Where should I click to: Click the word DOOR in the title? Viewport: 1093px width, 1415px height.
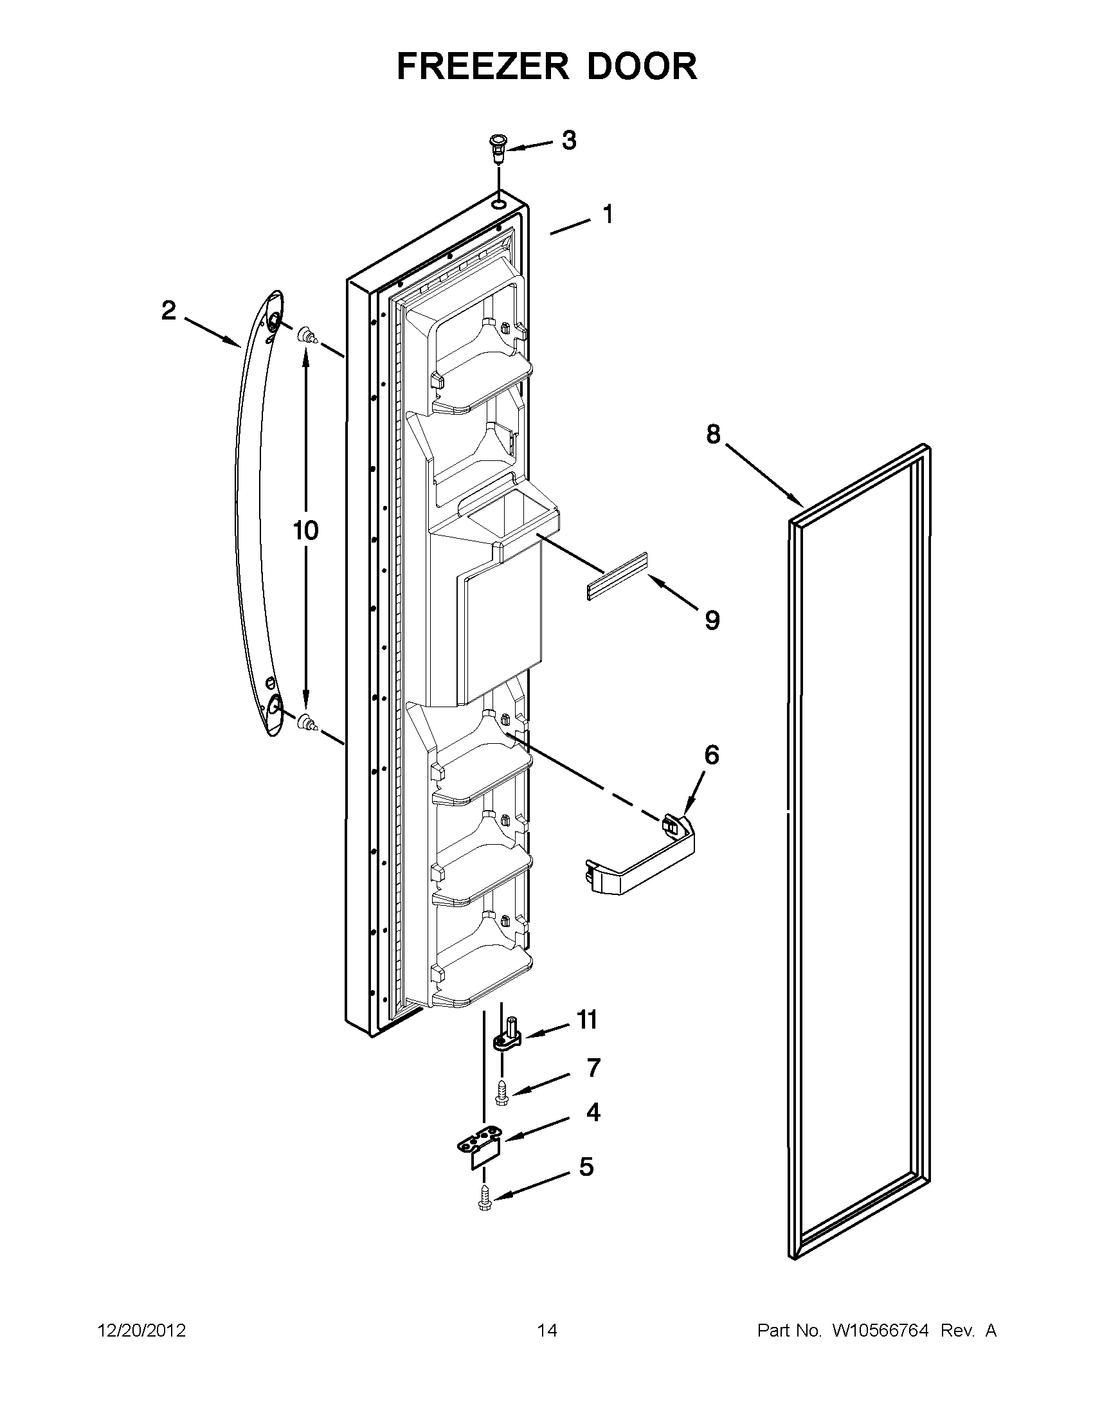[643, 66]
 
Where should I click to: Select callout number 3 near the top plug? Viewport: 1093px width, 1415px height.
[568, 141]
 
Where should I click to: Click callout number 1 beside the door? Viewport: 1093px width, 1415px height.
[608, 214]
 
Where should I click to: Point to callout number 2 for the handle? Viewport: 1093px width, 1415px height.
[168, 311]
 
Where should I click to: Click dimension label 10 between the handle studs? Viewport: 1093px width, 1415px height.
[306, 530]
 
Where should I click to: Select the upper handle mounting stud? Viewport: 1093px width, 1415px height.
[307, 336]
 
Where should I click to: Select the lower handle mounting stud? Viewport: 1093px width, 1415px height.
[307, 721]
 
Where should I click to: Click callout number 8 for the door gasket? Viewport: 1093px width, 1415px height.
[712, 434]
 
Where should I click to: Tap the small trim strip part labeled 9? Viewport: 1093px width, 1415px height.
[617, 576]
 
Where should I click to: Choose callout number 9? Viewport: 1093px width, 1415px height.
[711, 620]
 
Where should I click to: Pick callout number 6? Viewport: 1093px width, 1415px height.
[710, 755]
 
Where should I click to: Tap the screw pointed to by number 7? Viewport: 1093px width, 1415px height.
[501, 1092]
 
